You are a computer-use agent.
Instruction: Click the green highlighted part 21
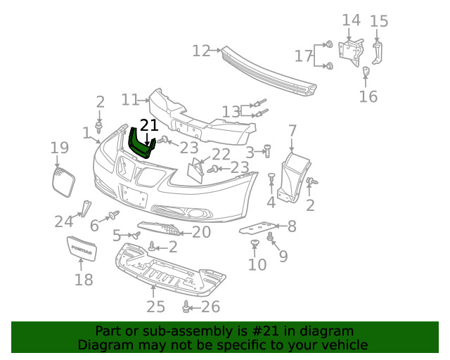(x=140, y=144)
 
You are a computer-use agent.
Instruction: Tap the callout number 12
(x=201, y=51)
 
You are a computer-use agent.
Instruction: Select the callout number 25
(x=155, y=306)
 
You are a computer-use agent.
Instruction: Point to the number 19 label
(x=60, y=148)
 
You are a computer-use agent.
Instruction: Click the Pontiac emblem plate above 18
(x=82, y=248)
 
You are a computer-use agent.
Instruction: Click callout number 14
(x=351, y=20)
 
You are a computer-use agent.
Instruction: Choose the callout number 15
(x=379, y=21)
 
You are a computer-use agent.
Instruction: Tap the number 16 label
(x=368, y=96)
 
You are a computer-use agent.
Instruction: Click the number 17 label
(x=304, y=56)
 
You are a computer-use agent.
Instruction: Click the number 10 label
(x=257, y=264)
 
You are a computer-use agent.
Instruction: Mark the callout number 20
(x=201, y=232)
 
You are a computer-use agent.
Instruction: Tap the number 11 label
(x=130, y=100)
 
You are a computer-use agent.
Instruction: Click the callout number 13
(x=231, y=111)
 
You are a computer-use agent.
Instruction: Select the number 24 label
(x=64, y=222)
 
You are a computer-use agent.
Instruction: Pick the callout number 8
(x=291, y=226)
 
